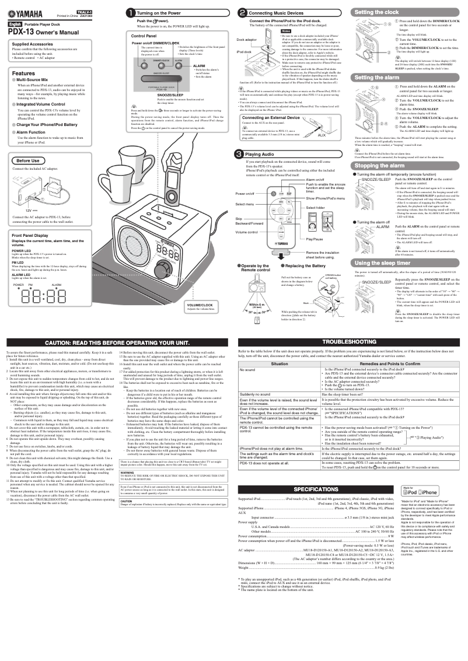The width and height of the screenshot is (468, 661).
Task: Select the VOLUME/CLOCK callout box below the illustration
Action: (200, 307)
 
